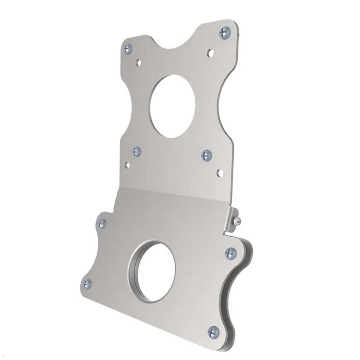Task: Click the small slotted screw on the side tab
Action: click(x=238, y=221)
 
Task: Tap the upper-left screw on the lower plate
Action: click(x=102, y=223)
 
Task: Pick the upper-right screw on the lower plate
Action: click(x=230, y=253)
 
